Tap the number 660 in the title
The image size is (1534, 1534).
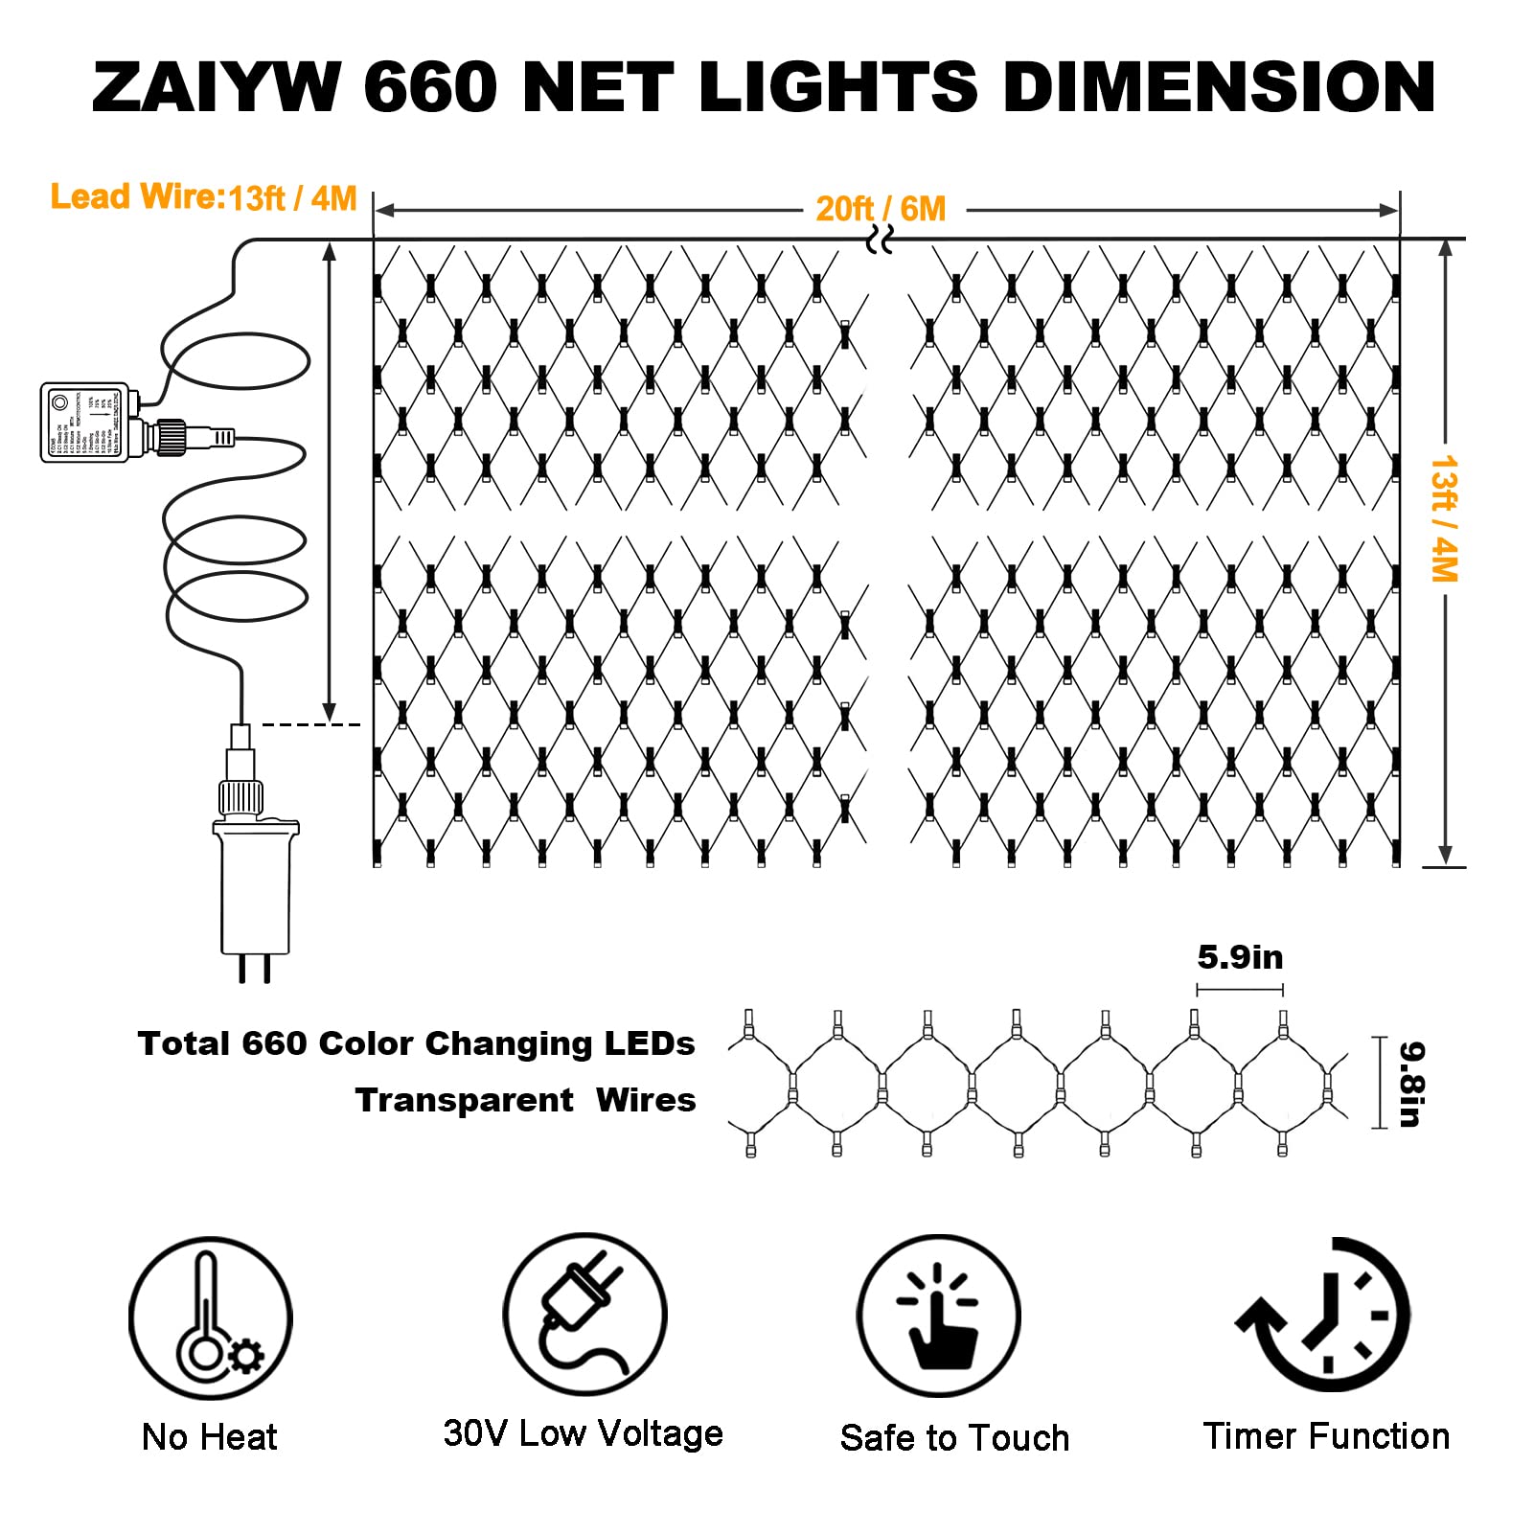pos(430,87)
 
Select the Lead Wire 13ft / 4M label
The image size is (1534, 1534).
pos(203,197)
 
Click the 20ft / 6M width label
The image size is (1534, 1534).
pos(881,209)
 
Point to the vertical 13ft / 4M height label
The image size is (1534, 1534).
pos(1443,518)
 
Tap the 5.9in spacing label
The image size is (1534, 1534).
pos(1240,957)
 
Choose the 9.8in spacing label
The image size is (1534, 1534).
pos(1410,1084)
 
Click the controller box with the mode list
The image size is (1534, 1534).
pos(84,423)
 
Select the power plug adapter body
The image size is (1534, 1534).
pos(255,886)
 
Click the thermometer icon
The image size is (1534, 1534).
pos(211,1317)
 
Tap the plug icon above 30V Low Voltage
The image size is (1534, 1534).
pos(584,1314)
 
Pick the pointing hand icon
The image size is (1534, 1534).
pos(939,1316)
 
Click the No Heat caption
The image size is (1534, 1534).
pos(209,1436)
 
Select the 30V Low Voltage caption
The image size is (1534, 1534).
pos(583,1433)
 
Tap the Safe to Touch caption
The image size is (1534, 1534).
pos(954,1437)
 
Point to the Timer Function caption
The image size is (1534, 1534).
pos(1326,1435)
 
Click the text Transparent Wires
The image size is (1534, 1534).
pos(525,1100)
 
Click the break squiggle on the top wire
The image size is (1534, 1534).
pos(880,240)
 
